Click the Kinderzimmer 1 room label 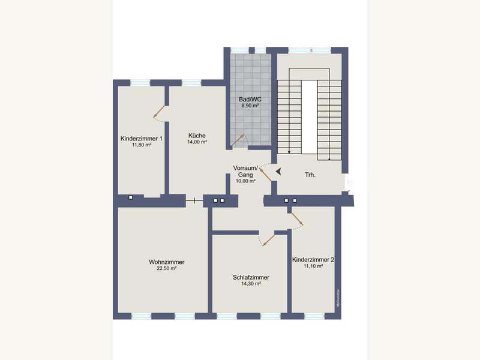click(142, 139)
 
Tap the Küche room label click(197, 136)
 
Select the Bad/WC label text click(250, 98)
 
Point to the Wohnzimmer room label click(166, 262)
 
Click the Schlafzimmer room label click(251, 278)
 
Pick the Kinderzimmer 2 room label click(313, 260)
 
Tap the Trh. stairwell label click(310, 175)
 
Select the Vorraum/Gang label click(245, 170)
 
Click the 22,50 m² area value click(166, 269)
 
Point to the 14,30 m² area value click(251, 284)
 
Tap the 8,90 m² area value click(250, 105)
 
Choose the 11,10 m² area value click(313, 266)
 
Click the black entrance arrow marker click(278, 171)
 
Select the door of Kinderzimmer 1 click(159, 111)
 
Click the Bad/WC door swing click(239, 140)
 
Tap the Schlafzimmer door click(268, 239)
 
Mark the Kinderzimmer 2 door click(297, 220)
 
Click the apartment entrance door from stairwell click(265, 175)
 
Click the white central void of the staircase click(309, 118)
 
